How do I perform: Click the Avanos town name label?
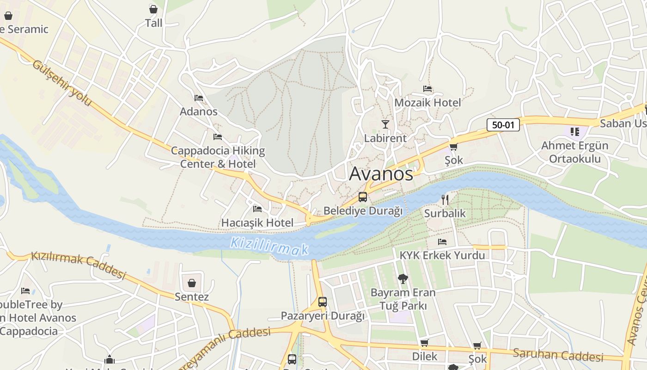pyautogui.click(x=381, y=174)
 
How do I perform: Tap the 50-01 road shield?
pyautogui.click(x=503, y=124)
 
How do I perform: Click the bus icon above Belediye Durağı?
pyautogui.click(x=363, y=197)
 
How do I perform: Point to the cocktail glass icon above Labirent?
pyautogui.click(x=385, y=124)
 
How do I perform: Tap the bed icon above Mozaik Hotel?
pyautogui.click(x=427, y=88)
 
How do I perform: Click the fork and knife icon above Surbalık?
pyautogui.click(x=445, y=200)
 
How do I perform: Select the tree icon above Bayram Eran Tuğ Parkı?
pyautogui.click(x=403, y=278)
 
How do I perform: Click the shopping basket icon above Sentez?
pyautogui.click(x=192, y=283)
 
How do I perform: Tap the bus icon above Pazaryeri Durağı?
pyautogui.click(x=323, y=302)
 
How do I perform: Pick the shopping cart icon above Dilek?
pyautogui.click(x=424, y=343)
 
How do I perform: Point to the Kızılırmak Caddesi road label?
pyautogui.click(x=78, y=265)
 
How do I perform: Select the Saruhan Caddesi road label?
pyautogui.click(x=558, y=355)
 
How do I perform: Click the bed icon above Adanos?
pyautogui.click(x=199, y=98)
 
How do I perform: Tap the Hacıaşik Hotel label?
pyautogui.click(x=257, y=222)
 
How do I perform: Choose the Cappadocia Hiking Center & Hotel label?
pyautogui.click(x=218, y=157)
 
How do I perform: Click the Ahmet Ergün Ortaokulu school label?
pyautogui.click(x=574, y=152)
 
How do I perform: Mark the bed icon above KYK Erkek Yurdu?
pyautogui.click(x=442, y=241)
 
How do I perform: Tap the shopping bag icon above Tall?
pyautogui.click(x=153, y=9)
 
